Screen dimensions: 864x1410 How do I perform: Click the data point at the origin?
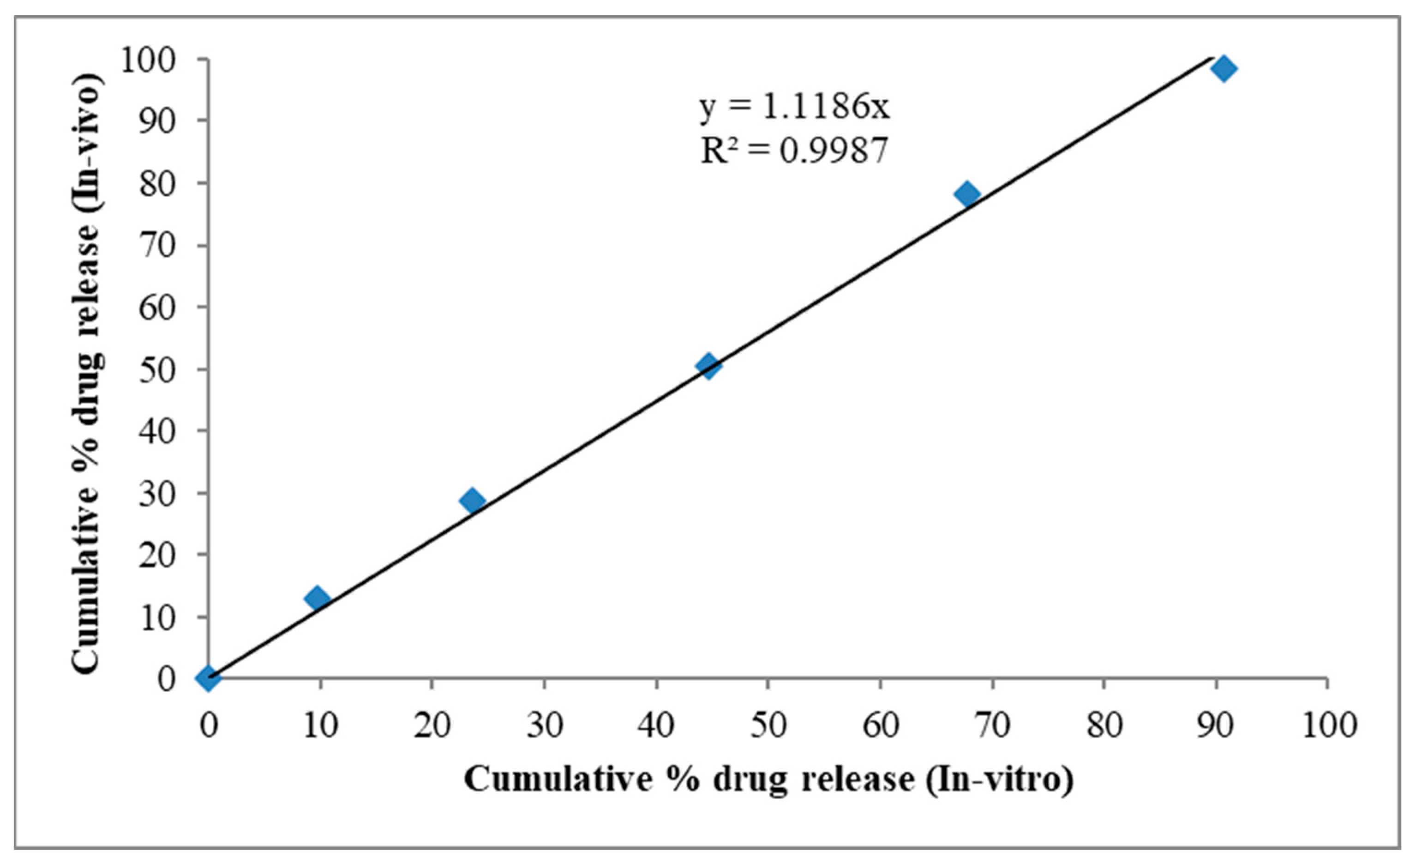click(208, 678)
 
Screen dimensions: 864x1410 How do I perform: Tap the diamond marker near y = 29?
click(472, 501)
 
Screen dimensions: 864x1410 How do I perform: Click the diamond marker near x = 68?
click(967, 194)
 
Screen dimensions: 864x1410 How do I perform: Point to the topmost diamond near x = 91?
click(1224, 69)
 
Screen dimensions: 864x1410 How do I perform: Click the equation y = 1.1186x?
click(795, 107)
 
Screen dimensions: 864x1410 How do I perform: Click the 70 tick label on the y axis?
click(157, 246)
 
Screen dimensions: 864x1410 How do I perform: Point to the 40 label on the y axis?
click(157, 431)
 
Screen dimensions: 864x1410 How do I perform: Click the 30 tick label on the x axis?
click(545, 725)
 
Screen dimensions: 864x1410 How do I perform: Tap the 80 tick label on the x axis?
click(1104, 725)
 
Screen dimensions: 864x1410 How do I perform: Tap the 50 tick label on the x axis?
click(768, 725)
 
